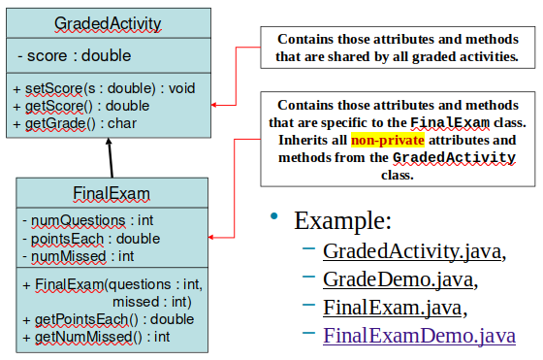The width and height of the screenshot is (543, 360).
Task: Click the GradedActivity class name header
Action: point(109,22)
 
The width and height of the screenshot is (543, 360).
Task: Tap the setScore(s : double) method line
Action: point(104,88)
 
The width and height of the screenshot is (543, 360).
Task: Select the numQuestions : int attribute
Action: point(90,221)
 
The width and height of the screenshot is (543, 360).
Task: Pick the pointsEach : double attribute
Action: point(93,239)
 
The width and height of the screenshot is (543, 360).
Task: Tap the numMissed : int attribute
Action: point(81,256)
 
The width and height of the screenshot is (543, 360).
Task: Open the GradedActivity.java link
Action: point(414,252)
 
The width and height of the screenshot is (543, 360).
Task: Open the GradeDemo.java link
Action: point(399,280)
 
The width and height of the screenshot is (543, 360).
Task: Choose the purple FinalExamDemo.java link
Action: point(419,337)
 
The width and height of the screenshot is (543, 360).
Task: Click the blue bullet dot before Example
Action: point(274,215)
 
